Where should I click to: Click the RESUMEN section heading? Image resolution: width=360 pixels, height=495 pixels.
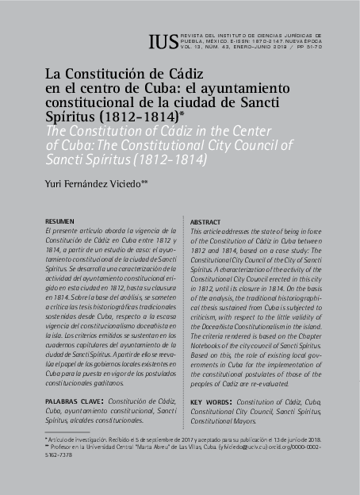coord(60,220)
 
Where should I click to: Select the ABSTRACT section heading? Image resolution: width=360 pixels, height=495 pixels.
coord(205,222)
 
